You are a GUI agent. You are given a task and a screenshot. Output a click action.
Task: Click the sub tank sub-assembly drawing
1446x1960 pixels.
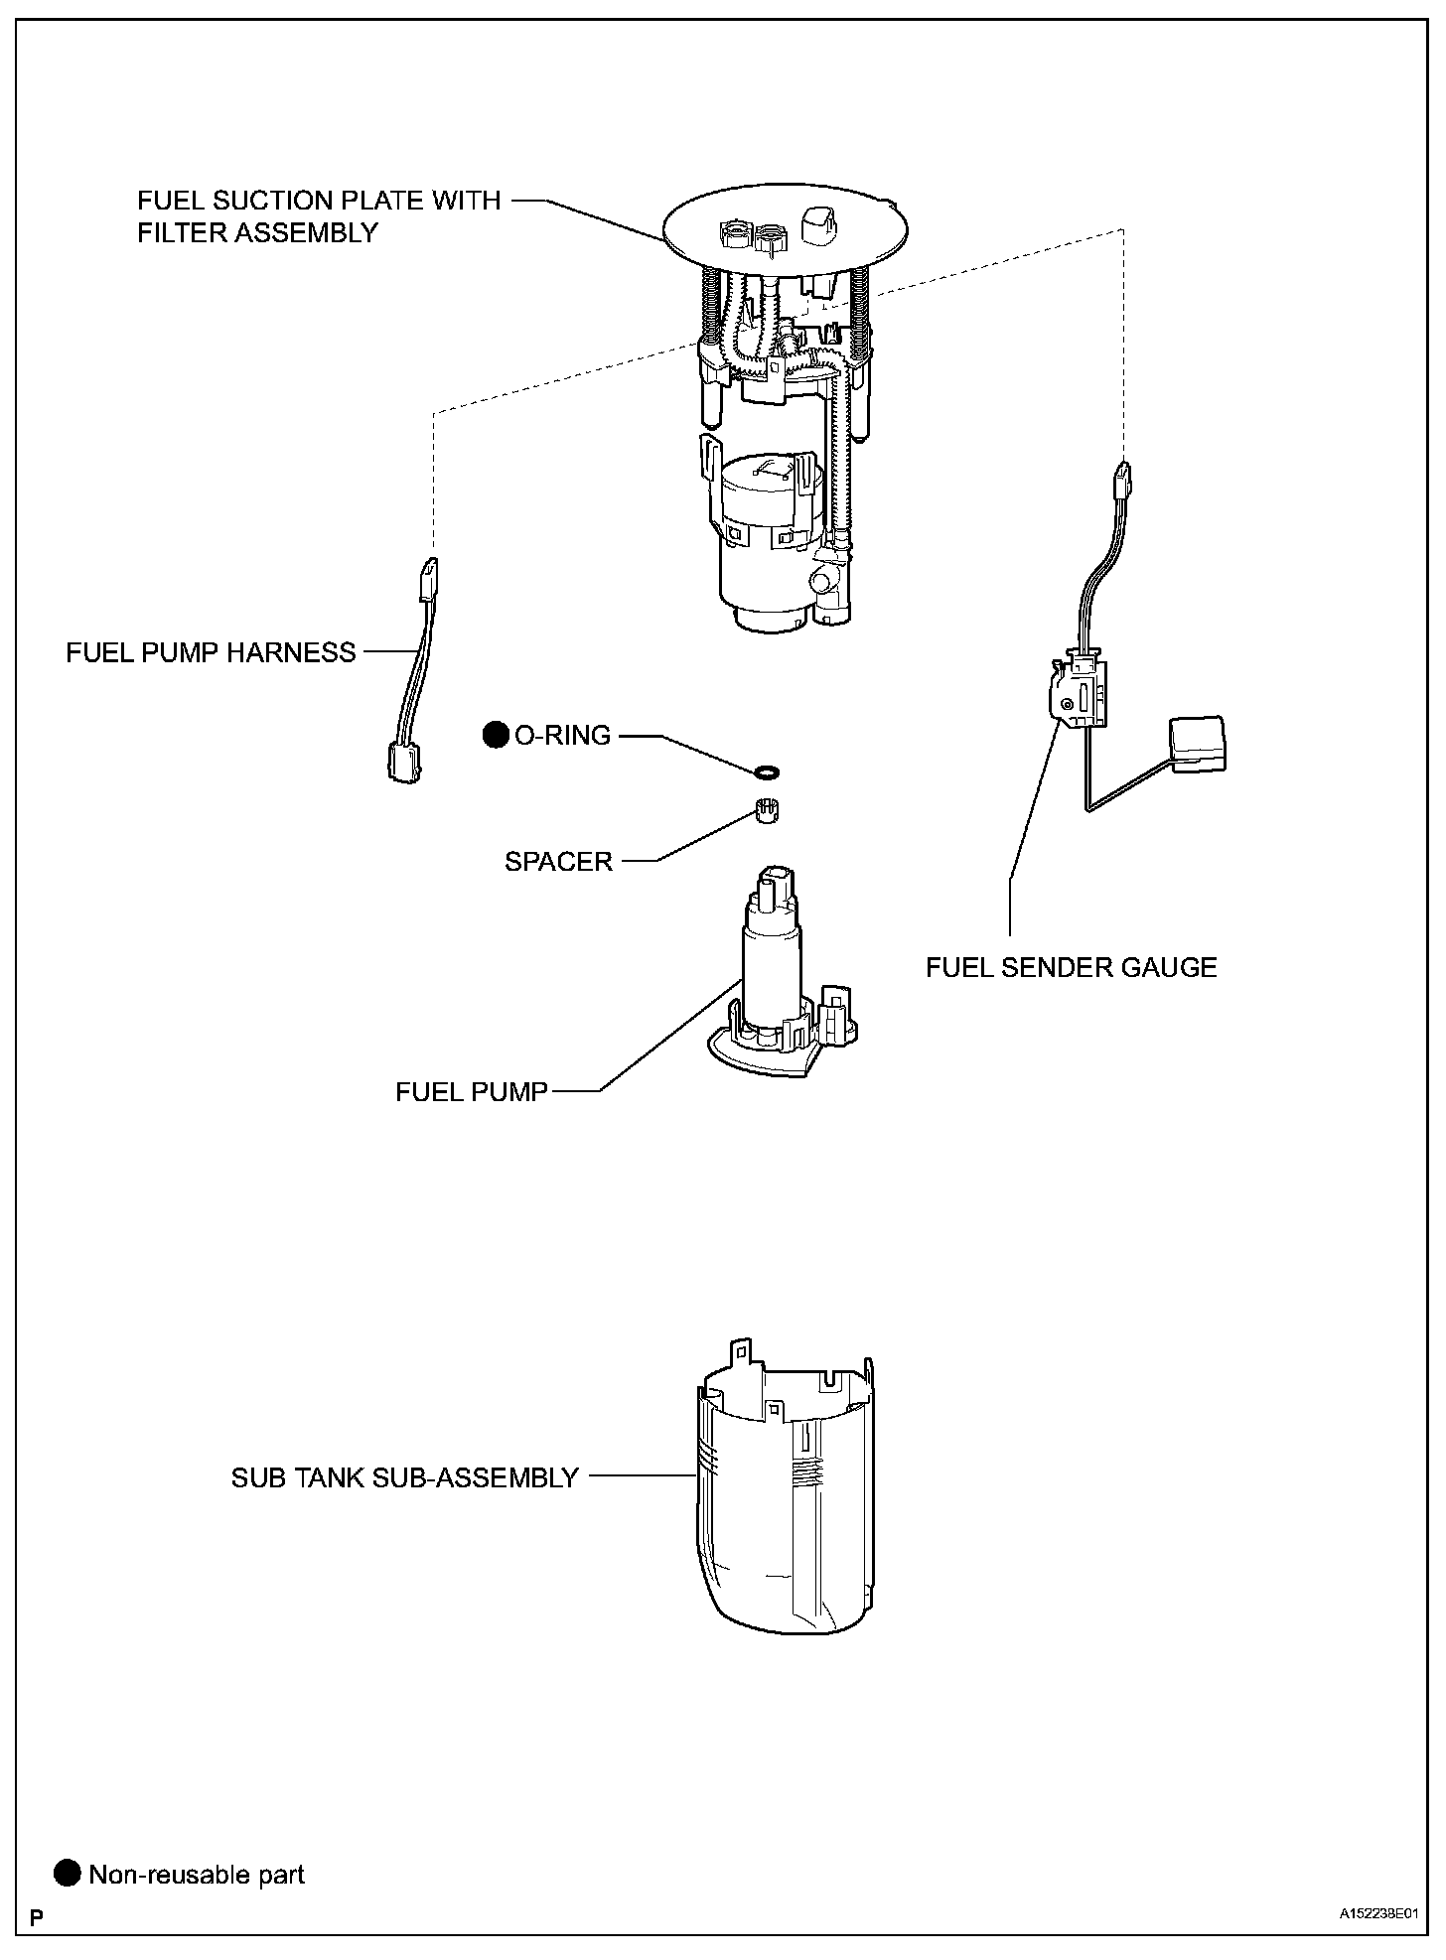pos(785,1499)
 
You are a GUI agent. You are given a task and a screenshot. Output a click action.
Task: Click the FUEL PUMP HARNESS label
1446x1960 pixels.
pos(211,652)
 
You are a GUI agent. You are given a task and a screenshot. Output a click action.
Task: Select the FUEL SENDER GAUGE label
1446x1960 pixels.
pos(1071,967)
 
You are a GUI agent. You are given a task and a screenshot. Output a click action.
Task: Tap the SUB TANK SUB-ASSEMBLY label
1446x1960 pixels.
pos(404,1477)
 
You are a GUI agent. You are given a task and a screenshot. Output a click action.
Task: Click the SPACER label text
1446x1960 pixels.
pos(558,861)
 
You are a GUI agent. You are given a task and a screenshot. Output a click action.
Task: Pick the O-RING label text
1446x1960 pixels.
pos(562,735)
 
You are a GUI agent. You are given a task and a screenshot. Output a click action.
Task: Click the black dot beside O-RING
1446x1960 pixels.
pos(495,735)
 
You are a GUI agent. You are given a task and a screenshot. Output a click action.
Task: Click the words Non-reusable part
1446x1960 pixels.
pos(197,1875)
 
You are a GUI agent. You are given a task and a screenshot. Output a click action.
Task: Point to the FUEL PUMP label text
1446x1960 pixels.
pos(472,1092)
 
